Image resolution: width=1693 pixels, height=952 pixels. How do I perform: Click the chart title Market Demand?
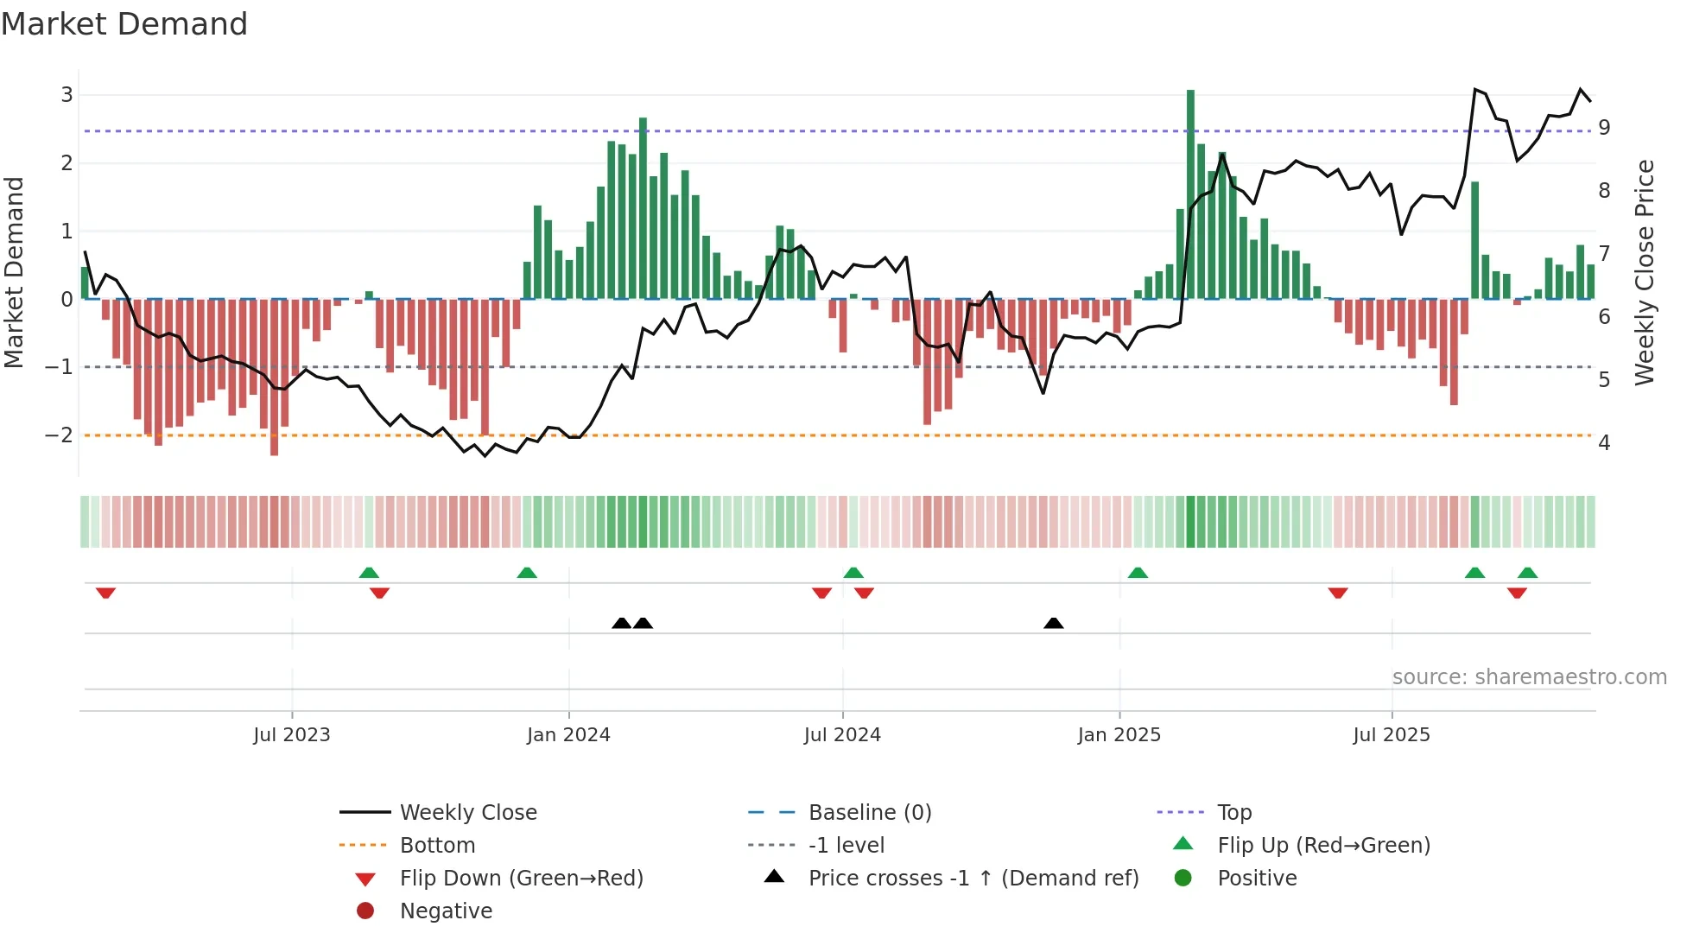click(124, 24)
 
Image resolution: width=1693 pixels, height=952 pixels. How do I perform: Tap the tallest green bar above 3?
click(1190, 194)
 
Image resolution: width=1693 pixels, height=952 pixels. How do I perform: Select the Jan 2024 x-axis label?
click(568, 735)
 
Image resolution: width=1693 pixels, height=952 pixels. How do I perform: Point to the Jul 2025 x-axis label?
click(1392, 735)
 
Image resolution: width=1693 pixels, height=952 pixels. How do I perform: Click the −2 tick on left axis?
click(60, 435)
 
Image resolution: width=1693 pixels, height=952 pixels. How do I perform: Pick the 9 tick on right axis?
click(1604, 128)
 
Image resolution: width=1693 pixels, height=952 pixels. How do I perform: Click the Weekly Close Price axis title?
click(1645, 272)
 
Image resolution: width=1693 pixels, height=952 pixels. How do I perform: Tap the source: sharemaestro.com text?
click(1529, 677)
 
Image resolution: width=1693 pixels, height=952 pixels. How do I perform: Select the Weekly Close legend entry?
click(467, 813)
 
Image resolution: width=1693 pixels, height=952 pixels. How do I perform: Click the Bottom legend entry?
click(437, 846)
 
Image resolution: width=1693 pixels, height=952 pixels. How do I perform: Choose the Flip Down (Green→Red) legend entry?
click(521, 879)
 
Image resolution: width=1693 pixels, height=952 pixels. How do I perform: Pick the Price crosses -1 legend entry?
click(973, 879)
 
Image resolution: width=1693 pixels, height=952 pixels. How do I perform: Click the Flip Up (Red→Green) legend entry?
click(1323, 846)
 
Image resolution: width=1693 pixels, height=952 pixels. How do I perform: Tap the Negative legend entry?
click(446, 911)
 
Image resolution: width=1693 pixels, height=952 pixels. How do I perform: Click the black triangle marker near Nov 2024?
click(1053, 624)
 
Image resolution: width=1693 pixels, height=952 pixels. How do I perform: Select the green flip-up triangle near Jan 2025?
click(1138, 573)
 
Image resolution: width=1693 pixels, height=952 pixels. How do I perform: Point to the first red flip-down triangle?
click(105, 593)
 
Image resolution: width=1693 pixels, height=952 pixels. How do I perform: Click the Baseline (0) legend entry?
click(869, 813)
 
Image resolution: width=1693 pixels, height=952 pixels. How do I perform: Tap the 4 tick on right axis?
click(1604, 443)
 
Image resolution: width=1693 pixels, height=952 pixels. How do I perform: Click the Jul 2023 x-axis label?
click(292, 735)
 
